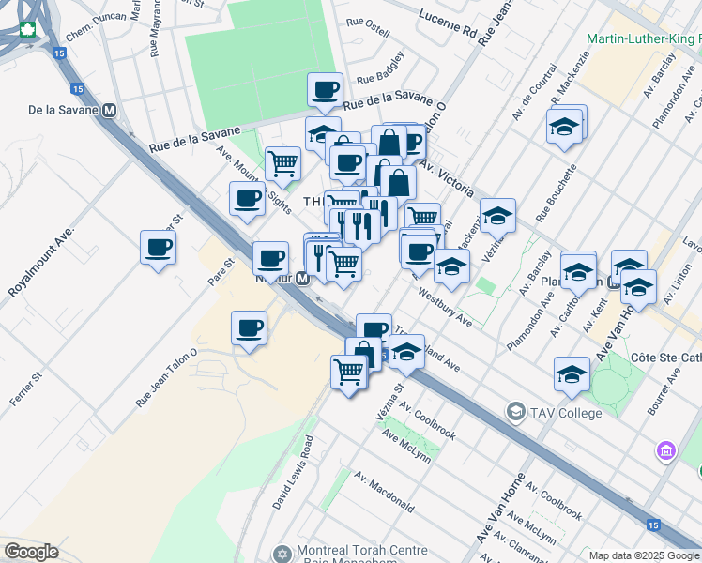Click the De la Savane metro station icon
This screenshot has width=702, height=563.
[110, 111]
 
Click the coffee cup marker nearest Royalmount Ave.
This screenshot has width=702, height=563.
[158, 249]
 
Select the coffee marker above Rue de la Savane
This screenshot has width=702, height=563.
[325, 90]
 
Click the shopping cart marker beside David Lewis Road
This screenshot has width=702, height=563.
[348, 373]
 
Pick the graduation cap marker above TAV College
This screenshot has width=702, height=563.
[572, 374]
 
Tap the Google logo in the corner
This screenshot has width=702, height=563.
[31, 552]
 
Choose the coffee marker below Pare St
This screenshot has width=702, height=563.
[249, 328]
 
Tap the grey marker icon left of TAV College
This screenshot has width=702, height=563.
[515, 412]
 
